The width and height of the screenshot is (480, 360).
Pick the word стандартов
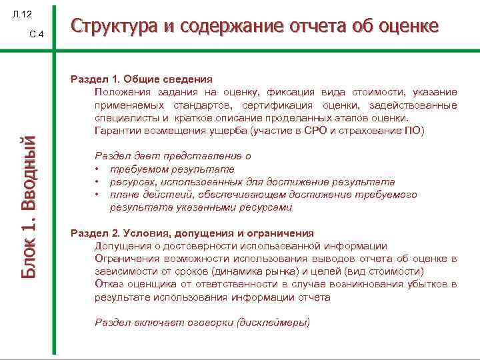pos(201,105)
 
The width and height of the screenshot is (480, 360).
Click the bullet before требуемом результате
pos(97,169)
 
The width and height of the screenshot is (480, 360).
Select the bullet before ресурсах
pos(97,182)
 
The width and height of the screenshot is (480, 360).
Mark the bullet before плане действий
pos(97,195)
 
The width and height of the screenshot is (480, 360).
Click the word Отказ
pos(109,285)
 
